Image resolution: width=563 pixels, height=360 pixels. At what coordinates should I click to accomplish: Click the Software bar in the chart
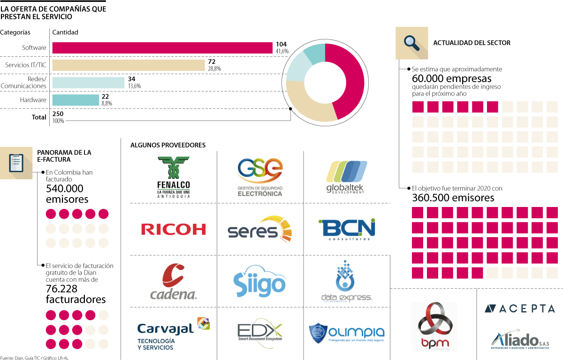click(162, 48)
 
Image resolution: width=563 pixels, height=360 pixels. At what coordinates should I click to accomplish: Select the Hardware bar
click(76, 100)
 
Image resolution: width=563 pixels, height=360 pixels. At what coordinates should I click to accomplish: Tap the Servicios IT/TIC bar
click(129, 65)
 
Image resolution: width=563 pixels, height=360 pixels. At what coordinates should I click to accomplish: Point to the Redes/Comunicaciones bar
click(88, 83)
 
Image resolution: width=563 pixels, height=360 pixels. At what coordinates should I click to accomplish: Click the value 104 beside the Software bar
click(281, 44)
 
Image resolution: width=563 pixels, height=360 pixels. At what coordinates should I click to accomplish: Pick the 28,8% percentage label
click(214, 69)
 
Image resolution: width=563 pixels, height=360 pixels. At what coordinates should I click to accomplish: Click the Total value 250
click(58, 114)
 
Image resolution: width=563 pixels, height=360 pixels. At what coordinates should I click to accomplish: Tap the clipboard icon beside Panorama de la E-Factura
click(16, 162)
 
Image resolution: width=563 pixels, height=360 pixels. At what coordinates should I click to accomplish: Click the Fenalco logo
click(174, 176)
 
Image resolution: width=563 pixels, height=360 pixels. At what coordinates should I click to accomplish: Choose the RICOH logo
click(173, 229)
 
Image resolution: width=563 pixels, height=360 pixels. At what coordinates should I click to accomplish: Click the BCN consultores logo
click(347, 229)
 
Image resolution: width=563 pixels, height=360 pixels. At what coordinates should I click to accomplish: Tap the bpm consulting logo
click(434, 327)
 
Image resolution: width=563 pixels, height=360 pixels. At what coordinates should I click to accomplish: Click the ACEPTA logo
click(519, 308)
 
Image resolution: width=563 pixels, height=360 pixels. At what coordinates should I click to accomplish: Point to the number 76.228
click(65, 289)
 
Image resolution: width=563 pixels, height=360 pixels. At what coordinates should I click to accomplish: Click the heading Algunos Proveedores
click(167, 145)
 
